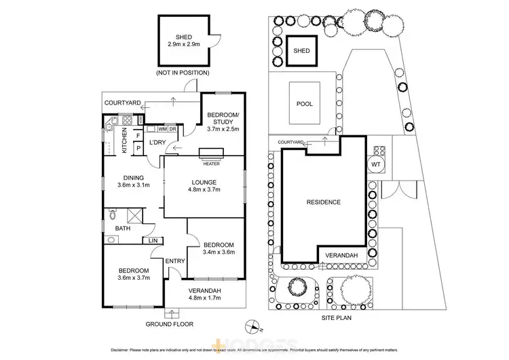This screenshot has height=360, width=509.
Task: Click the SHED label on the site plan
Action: (301, 51)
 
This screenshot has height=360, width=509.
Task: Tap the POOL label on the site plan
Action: (305, 104)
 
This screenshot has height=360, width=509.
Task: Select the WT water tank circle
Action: (376, 164)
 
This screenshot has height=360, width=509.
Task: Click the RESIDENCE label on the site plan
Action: (323, 202)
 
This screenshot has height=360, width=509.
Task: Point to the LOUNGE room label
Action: (204, 182)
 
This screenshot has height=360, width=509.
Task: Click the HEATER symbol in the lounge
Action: (210, 153)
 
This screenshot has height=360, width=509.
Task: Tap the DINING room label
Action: (133, 178)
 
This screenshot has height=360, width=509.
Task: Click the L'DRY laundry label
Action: (157, 142)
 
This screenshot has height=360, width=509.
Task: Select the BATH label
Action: (122, 229)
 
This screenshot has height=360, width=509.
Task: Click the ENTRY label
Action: (175, 261)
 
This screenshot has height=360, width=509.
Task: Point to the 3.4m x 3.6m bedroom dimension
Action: (218, 252)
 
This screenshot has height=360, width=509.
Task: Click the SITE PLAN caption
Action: (340, 317)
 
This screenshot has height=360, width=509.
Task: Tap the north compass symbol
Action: (253, 324)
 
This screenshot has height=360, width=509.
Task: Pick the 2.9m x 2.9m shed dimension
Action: (183, 44)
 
